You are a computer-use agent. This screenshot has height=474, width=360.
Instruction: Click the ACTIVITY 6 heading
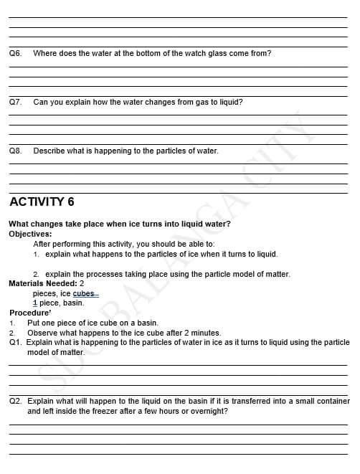[x=42, y=202]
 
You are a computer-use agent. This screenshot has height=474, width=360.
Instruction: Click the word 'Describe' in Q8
[x=49, y=151]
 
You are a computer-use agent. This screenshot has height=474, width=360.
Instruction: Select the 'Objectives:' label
[x=30, y=234]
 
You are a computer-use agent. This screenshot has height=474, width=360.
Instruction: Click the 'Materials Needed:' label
[x=42, y=283]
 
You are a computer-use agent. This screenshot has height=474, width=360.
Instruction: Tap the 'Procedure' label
[x=29, y=313]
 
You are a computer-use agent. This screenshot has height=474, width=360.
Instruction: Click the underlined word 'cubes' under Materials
[x=84, y=293]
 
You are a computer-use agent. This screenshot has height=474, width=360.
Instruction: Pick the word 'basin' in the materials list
[x=74, y=303]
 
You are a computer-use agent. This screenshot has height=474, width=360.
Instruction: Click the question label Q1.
[x=15, y=342]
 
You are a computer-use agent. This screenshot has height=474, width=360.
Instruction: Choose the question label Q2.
[x=15, y=401]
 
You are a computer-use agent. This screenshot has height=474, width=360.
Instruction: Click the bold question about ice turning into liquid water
[x=120, y=224]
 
